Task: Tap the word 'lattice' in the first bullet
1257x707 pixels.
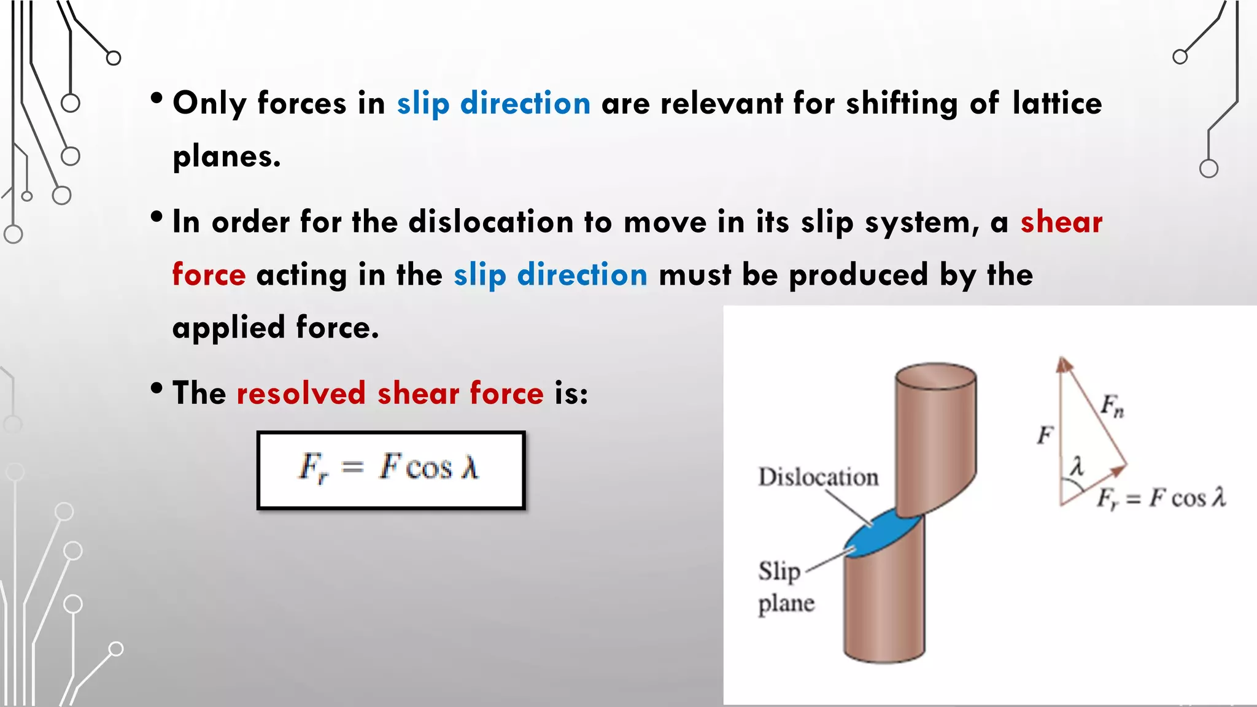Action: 1057,102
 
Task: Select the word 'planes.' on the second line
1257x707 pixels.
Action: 226,156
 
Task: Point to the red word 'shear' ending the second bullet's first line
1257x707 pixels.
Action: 1061,222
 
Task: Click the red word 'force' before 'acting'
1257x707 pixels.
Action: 209,274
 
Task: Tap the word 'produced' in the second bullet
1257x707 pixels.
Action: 858,274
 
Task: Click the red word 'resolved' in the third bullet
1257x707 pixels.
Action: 301,393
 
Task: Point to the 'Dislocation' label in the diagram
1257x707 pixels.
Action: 818,477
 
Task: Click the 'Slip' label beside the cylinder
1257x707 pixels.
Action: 779,571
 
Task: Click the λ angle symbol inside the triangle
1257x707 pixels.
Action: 1077,466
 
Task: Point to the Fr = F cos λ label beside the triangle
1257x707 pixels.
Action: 1161,498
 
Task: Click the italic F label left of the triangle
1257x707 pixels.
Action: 1045,435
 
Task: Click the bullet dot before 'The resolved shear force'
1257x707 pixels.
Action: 157,388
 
